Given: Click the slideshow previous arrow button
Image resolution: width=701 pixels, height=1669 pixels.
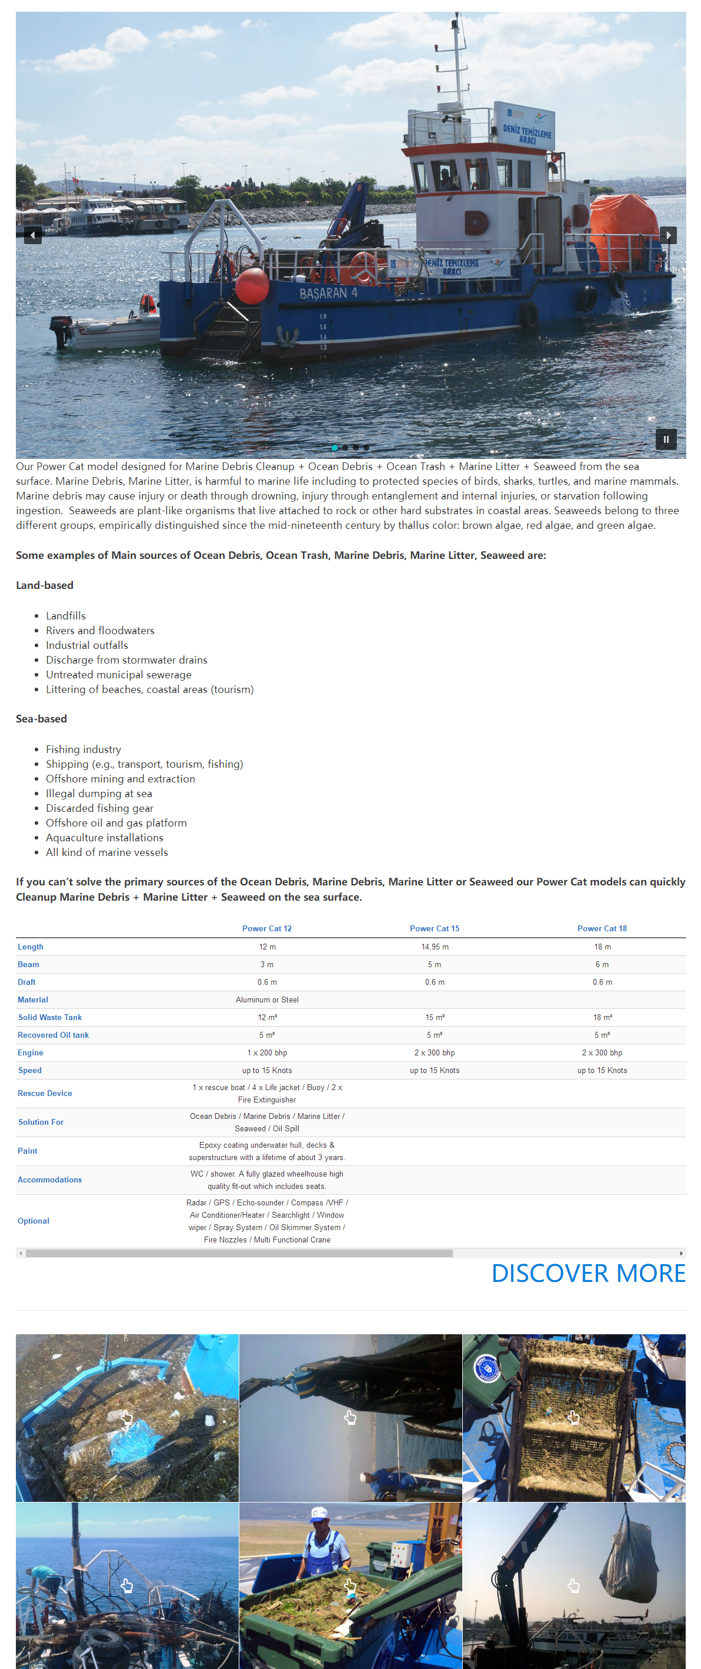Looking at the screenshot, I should (x=32, y=235).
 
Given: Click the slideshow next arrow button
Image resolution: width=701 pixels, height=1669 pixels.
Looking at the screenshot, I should (x=668, y=235).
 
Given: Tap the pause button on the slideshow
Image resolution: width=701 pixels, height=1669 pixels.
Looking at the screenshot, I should (x=665, y=439).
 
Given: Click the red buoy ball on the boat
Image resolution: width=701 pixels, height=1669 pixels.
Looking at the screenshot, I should (x=252, y=286).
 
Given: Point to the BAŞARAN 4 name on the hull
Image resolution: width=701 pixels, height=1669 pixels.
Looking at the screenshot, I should (x=328, y=294).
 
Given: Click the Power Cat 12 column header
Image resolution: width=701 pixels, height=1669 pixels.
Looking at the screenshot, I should (x=267, y=928).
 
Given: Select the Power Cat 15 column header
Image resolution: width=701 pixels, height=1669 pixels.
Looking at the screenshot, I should (x=434, y=928).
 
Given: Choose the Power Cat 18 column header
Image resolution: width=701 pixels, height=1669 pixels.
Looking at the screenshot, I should (x=601, y=928).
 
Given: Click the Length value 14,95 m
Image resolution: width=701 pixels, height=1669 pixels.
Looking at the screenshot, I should (x=434, y=947).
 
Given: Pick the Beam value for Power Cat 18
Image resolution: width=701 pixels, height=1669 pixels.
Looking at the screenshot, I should (x=601, y=964).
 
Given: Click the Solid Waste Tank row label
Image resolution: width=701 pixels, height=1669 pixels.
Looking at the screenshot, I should (x=50, y=1017).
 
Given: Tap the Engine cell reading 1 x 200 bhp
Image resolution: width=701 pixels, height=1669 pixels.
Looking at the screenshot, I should (x=267, y=1053).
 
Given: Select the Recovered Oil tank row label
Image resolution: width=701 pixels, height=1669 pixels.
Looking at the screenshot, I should (x=53, y=1035).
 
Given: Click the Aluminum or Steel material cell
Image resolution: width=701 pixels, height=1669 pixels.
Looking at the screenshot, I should (x=267, y=1000).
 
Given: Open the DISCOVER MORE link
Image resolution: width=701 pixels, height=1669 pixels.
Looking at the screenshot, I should (x=587, y=1273).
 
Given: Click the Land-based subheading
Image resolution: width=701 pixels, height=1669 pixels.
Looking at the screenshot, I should (x=45, y=585).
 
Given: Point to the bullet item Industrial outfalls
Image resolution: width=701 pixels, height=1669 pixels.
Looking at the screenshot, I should (x=87, y=645).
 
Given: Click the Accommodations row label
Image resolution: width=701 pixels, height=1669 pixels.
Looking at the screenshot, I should (x=50, y=1180).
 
